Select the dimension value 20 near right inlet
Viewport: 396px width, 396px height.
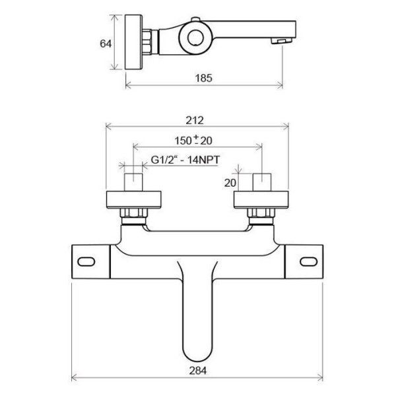click(230, 183)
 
